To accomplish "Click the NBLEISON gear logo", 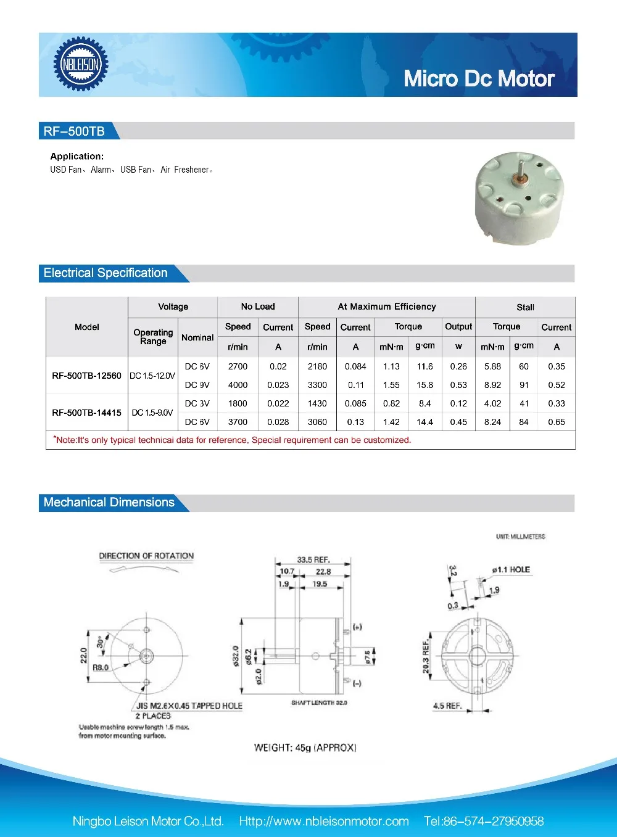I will (x=81, y=64).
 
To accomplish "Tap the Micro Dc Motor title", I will (x=479, y=79).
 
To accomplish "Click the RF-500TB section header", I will (x=74, y=131).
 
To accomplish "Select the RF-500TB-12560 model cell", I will (x=86, y=376).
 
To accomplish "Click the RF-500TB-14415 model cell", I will (x=86, y=413).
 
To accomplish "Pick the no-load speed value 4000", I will (x=238, y=385).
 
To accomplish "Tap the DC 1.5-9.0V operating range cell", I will (x=152, y=413).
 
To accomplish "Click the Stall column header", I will (x=525, y=307).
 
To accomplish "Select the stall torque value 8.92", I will (x=492, y=385).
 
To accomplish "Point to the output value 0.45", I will (x=458, y=422).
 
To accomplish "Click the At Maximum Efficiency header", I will (x=387, y=307).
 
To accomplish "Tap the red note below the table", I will (x=232, y=440).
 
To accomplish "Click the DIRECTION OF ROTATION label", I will (x=146, y=556).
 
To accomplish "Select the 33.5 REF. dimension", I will (x=313, y=559).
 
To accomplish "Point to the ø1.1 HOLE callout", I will (x=511, y=569).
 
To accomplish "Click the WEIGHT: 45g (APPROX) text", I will (x=305, y=748).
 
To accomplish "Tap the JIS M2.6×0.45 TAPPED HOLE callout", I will (x=189, y=706).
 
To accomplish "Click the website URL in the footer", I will (x=324, y=821).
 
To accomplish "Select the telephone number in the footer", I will (x=484, y=821).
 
